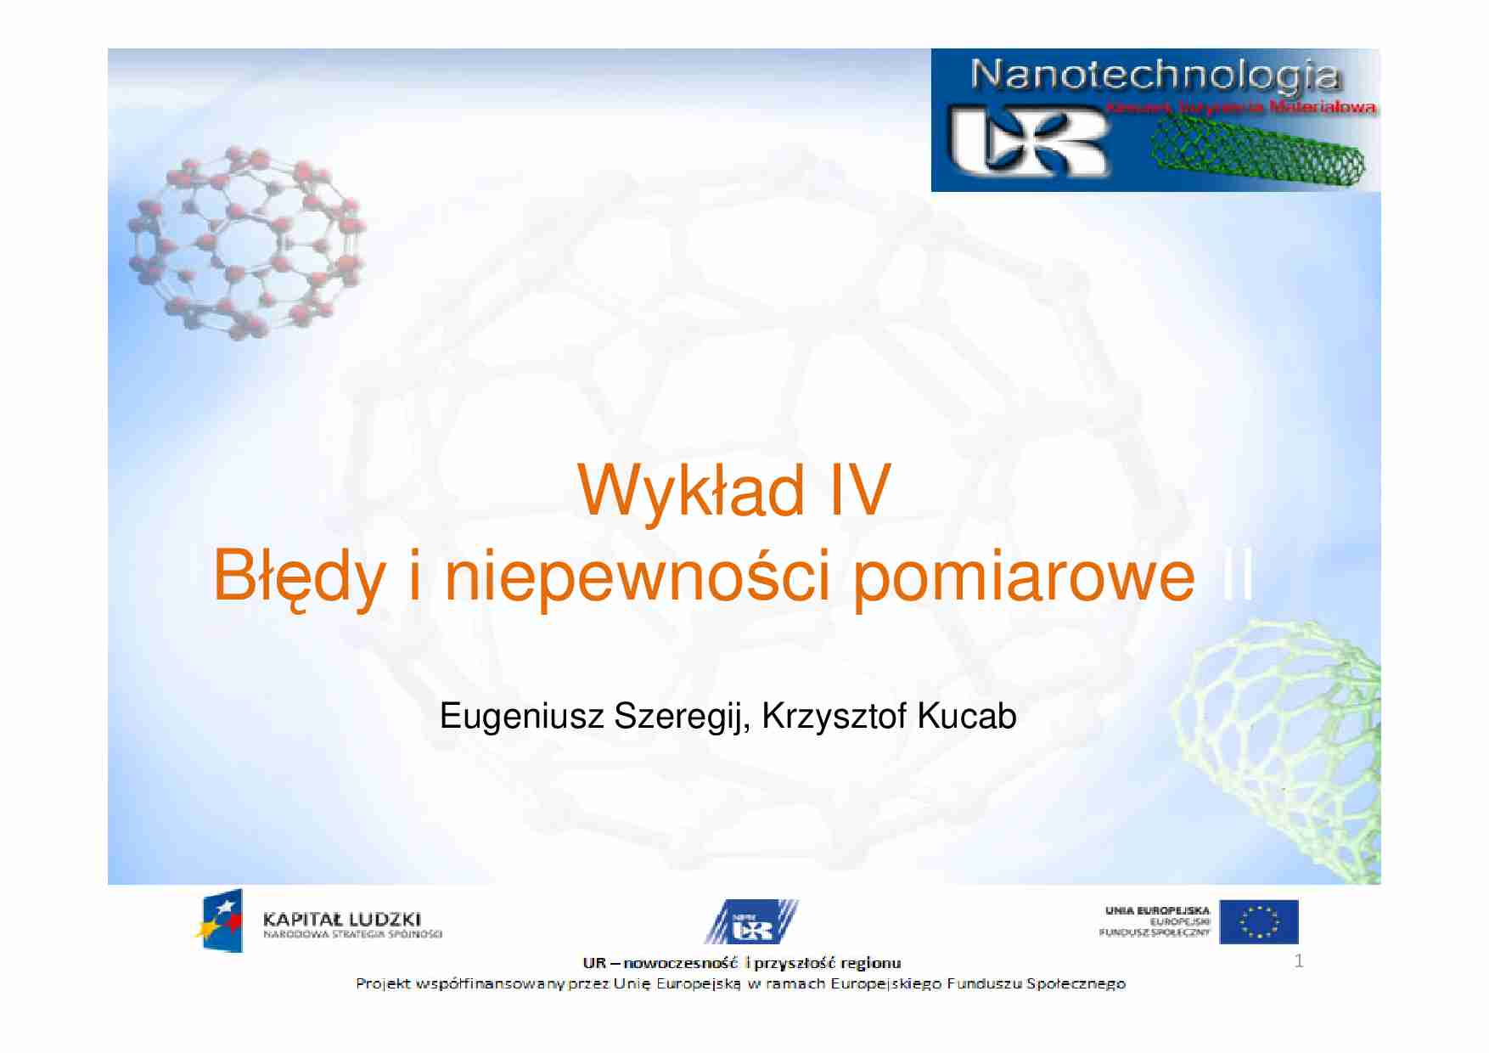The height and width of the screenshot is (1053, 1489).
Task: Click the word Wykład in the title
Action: (690, 491)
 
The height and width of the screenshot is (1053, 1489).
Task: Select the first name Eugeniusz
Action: (521, 717)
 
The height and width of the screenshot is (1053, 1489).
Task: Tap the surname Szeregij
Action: (682, 717)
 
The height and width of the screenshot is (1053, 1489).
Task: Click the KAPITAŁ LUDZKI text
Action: (341, 919)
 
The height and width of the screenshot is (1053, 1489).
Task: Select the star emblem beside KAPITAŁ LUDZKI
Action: (220, 921)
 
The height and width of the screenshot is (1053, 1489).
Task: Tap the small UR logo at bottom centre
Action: (751, 923)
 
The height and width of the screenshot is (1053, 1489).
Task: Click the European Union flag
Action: (1259, 922)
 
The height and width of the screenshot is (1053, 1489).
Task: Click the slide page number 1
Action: (1298, 961)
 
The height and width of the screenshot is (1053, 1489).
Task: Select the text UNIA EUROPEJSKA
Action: (1157, 910)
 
